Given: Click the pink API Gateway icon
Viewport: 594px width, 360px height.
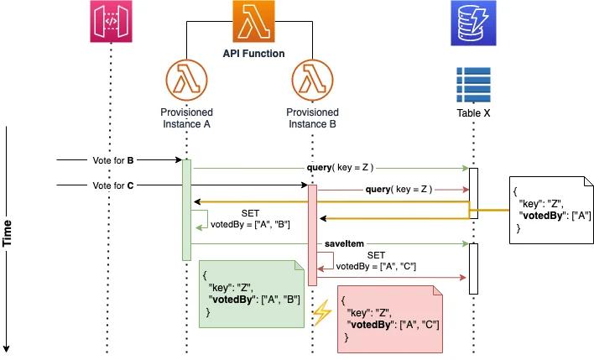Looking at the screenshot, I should (x=109, y=24).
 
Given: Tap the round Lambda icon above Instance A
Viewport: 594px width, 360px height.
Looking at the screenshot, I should (x=186, y=82).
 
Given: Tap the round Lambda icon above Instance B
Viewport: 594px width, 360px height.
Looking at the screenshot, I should (x=312, y=82).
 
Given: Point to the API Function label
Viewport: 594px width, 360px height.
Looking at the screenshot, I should (x=253, y=54).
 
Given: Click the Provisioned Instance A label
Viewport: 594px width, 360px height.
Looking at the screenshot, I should (x=186, y=118).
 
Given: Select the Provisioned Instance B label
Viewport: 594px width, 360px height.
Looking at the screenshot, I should (x=312, y=118).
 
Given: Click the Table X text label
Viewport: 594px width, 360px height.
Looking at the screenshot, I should (x=473, y=112).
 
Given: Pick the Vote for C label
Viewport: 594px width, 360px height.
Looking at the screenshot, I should (x=114, y=185).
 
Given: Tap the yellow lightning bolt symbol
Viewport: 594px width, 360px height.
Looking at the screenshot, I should (x=322, y=314).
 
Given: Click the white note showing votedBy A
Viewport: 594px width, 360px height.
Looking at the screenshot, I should (x=550, y=208).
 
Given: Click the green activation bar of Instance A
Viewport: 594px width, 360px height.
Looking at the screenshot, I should (x=187, y=210).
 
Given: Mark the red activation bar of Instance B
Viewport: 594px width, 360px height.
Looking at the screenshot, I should (x=312, y=235).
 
